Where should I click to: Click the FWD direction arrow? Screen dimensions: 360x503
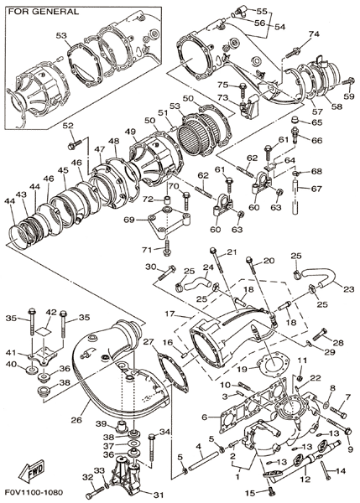coord(31,471)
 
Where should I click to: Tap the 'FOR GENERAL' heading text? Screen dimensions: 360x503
coord(44,12)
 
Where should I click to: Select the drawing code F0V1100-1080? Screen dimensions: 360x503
coord(34,492)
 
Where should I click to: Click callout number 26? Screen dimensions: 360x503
coord(76,419)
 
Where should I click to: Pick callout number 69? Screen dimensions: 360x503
coord(130,220)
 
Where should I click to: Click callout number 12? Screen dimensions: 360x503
coord(305,480)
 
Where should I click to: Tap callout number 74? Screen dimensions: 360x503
coord(314,34)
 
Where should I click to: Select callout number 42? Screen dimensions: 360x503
coord(51,313)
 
